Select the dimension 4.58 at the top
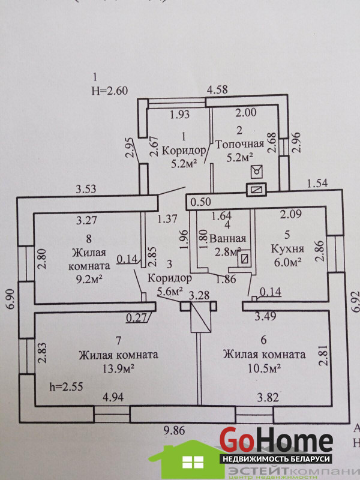[217, 91]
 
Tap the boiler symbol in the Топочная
[258, 171]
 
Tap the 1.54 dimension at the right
[318, 183]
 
